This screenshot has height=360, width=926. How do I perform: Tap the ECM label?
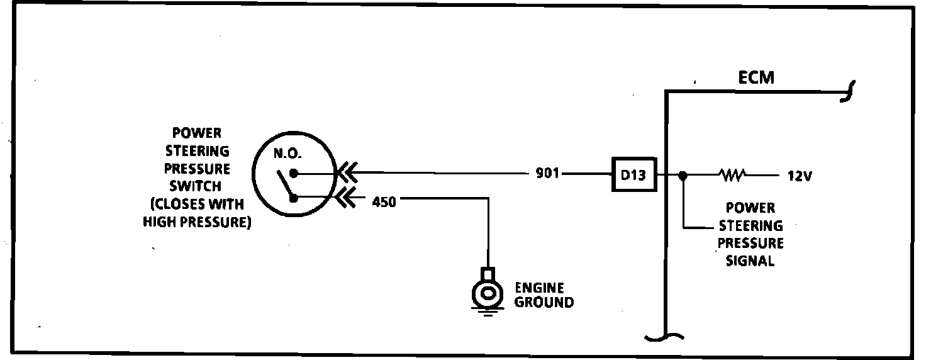tap(757, 79)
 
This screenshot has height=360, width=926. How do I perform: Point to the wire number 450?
tap(384, 203)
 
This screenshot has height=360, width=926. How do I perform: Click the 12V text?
tap(800, 177)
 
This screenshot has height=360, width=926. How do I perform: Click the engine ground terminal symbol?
tap(487, 292)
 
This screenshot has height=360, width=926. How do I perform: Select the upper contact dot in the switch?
tap(293, 172)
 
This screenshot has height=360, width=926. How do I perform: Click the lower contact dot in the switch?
tap(293, 198)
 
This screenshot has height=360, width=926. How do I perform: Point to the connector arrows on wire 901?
tap(347, 172)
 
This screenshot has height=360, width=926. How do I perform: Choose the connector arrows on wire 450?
tap(347, 198)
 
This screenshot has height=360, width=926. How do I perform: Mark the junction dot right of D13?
tap(684, 175)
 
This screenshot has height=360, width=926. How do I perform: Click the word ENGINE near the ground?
tap(539, 288)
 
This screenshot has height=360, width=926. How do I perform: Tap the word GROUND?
tap(544, 303)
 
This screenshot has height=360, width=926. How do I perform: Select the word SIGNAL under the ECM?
tap(750, 261)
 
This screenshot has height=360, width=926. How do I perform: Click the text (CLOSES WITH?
tap(197, 205)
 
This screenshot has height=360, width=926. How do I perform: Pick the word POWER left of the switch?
tap(197, 133)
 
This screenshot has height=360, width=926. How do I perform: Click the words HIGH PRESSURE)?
tap(197, 222)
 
